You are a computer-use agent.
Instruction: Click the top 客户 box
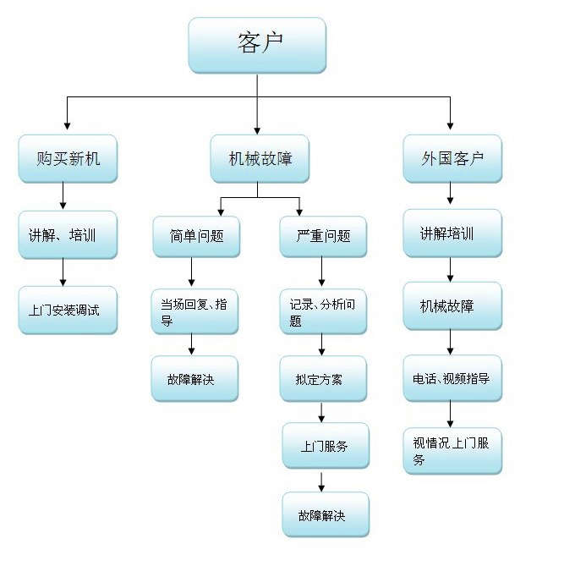[256, 44]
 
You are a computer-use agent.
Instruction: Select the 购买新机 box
[68, 158]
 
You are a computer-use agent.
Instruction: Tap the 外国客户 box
[452, 158]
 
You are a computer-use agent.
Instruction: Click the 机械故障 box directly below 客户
[260, 158]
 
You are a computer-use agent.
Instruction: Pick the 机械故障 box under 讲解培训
[452, 305]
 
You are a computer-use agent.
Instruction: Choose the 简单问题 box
[196, 236]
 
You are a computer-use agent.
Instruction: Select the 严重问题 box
[323, 236]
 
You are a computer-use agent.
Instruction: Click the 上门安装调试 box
[68, 310]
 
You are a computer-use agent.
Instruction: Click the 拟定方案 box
[323, 378]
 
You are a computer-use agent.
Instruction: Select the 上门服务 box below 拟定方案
[326, 445]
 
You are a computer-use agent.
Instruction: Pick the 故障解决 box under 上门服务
[326, 514]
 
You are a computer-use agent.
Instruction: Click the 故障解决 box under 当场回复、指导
[195, 378]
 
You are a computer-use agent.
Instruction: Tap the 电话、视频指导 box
[452, 378]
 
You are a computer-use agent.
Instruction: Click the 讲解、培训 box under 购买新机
[68, 234]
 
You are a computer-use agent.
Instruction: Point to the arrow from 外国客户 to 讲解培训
[450, 195]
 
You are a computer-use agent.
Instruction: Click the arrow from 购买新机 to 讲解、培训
[63, 196]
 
